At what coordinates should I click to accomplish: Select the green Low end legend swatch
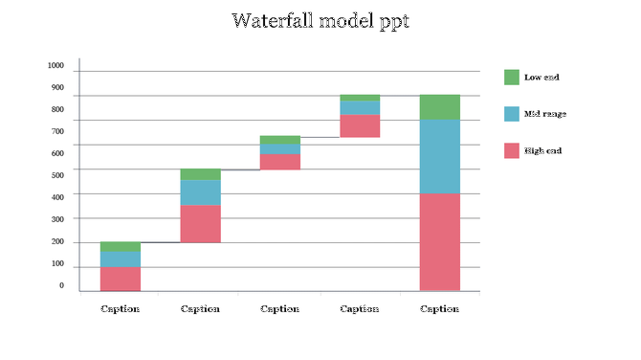pos(512,78)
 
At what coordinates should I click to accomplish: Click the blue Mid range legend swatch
pos(512,114)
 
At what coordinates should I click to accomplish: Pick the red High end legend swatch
pos(512,150)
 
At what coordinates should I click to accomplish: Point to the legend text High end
pos(542,150)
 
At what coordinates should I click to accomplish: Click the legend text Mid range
pos(544,114)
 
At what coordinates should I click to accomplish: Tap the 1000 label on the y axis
pos(55,66)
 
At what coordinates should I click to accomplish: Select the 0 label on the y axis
pos(61,286)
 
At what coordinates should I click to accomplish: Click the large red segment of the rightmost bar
pos(440,241)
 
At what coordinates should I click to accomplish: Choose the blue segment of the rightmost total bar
pos(440,156)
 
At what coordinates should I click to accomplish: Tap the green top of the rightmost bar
pos(440,107)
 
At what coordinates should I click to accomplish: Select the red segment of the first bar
pos(121,278)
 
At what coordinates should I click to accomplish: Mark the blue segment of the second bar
pos(200,192)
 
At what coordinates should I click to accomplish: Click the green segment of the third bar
pos(280,140)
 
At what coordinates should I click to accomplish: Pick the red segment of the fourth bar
pos(360,125)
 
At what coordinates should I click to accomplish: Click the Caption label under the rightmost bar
pos(440,309)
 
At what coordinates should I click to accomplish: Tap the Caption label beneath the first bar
pos(121,309)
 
